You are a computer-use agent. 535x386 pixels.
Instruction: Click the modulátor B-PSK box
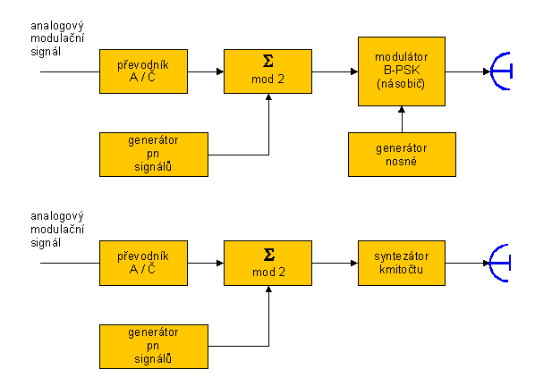[x=402, y=71]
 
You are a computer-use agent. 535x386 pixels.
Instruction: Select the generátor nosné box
[x=402, y=155]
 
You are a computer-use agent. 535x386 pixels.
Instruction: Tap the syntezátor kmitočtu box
[x=402, y=263]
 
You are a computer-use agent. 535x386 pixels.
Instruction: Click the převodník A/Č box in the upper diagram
[x=143, y=71]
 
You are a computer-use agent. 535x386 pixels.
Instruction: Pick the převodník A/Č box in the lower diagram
[x=143, y=263]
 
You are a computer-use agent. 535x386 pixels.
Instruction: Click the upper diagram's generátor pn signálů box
[x=154, y=155]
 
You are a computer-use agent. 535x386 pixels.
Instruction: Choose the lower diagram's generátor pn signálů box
[x=154, y=347]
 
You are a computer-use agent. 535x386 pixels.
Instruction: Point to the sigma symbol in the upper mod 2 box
[x=268, y=62]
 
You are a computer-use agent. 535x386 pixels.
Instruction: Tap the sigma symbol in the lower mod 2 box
[x=269, y=255]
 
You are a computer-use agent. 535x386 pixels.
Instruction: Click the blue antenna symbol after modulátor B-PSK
[x=501, y=71]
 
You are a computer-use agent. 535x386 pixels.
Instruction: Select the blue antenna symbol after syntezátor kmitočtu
[x=499, y=263]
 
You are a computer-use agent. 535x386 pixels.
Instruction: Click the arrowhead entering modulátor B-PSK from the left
[x=354, y=71]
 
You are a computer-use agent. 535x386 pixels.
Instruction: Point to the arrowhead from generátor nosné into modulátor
[x=402, y=110]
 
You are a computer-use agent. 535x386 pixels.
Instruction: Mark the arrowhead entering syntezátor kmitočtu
[x=354, y=263]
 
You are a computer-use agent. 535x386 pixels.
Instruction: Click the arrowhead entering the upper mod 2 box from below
[x=268, y=97]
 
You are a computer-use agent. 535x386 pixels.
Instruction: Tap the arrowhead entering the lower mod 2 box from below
[x=268, y=289]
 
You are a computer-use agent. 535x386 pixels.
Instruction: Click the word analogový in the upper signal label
[x=57, y=26]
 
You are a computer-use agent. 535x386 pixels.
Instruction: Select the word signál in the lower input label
[x=46, y=243]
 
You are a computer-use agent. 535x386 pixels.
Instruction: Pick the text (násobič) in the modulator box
[x=401, y=83]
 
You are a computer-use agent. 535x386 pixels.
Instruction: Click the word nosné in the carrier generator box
[x=401, y=162]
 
